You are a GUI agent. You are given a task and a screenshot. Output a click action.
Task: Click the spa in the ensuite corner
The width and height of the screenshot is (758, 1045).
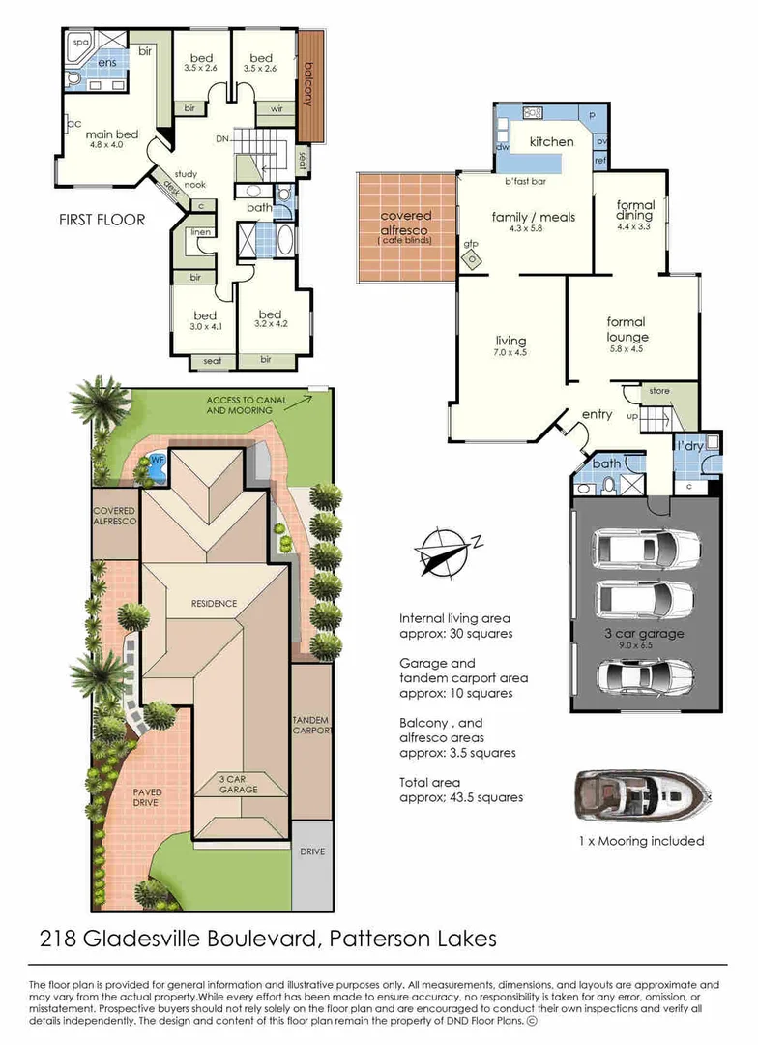77,45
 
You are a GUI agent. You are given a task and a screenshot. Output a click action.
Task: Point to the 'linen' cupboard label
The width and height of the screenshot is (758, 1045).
201,232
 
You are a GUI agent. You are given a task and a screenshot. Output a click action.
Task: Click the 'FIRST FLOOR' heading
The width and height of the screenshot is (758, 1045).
102,220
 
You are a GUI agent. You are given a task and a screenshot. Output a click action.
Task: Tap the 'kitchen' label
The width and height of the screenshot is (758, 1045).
551,142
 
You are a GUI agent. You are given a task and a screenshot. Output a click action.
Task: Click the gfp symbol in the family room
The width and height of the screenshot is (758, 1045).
472,258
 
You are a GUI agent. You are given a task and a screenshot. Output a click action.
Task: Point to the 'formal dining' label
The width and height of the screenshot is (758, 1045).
635,211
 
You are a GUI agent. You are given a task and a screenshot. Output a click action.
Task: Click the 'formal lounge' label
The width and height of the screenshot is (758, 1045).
626,330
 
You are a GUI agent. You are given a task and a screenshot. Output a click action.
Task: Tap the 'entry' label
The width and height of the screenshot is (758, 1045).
597,414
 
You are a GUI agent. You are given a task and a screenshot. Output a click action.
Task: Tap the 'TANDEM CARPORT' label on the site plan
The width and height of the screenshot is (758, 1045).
311,727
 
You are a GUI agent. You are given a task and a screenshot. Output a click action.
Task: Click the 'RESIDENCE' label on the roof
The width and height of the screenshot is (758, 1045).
214,604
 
